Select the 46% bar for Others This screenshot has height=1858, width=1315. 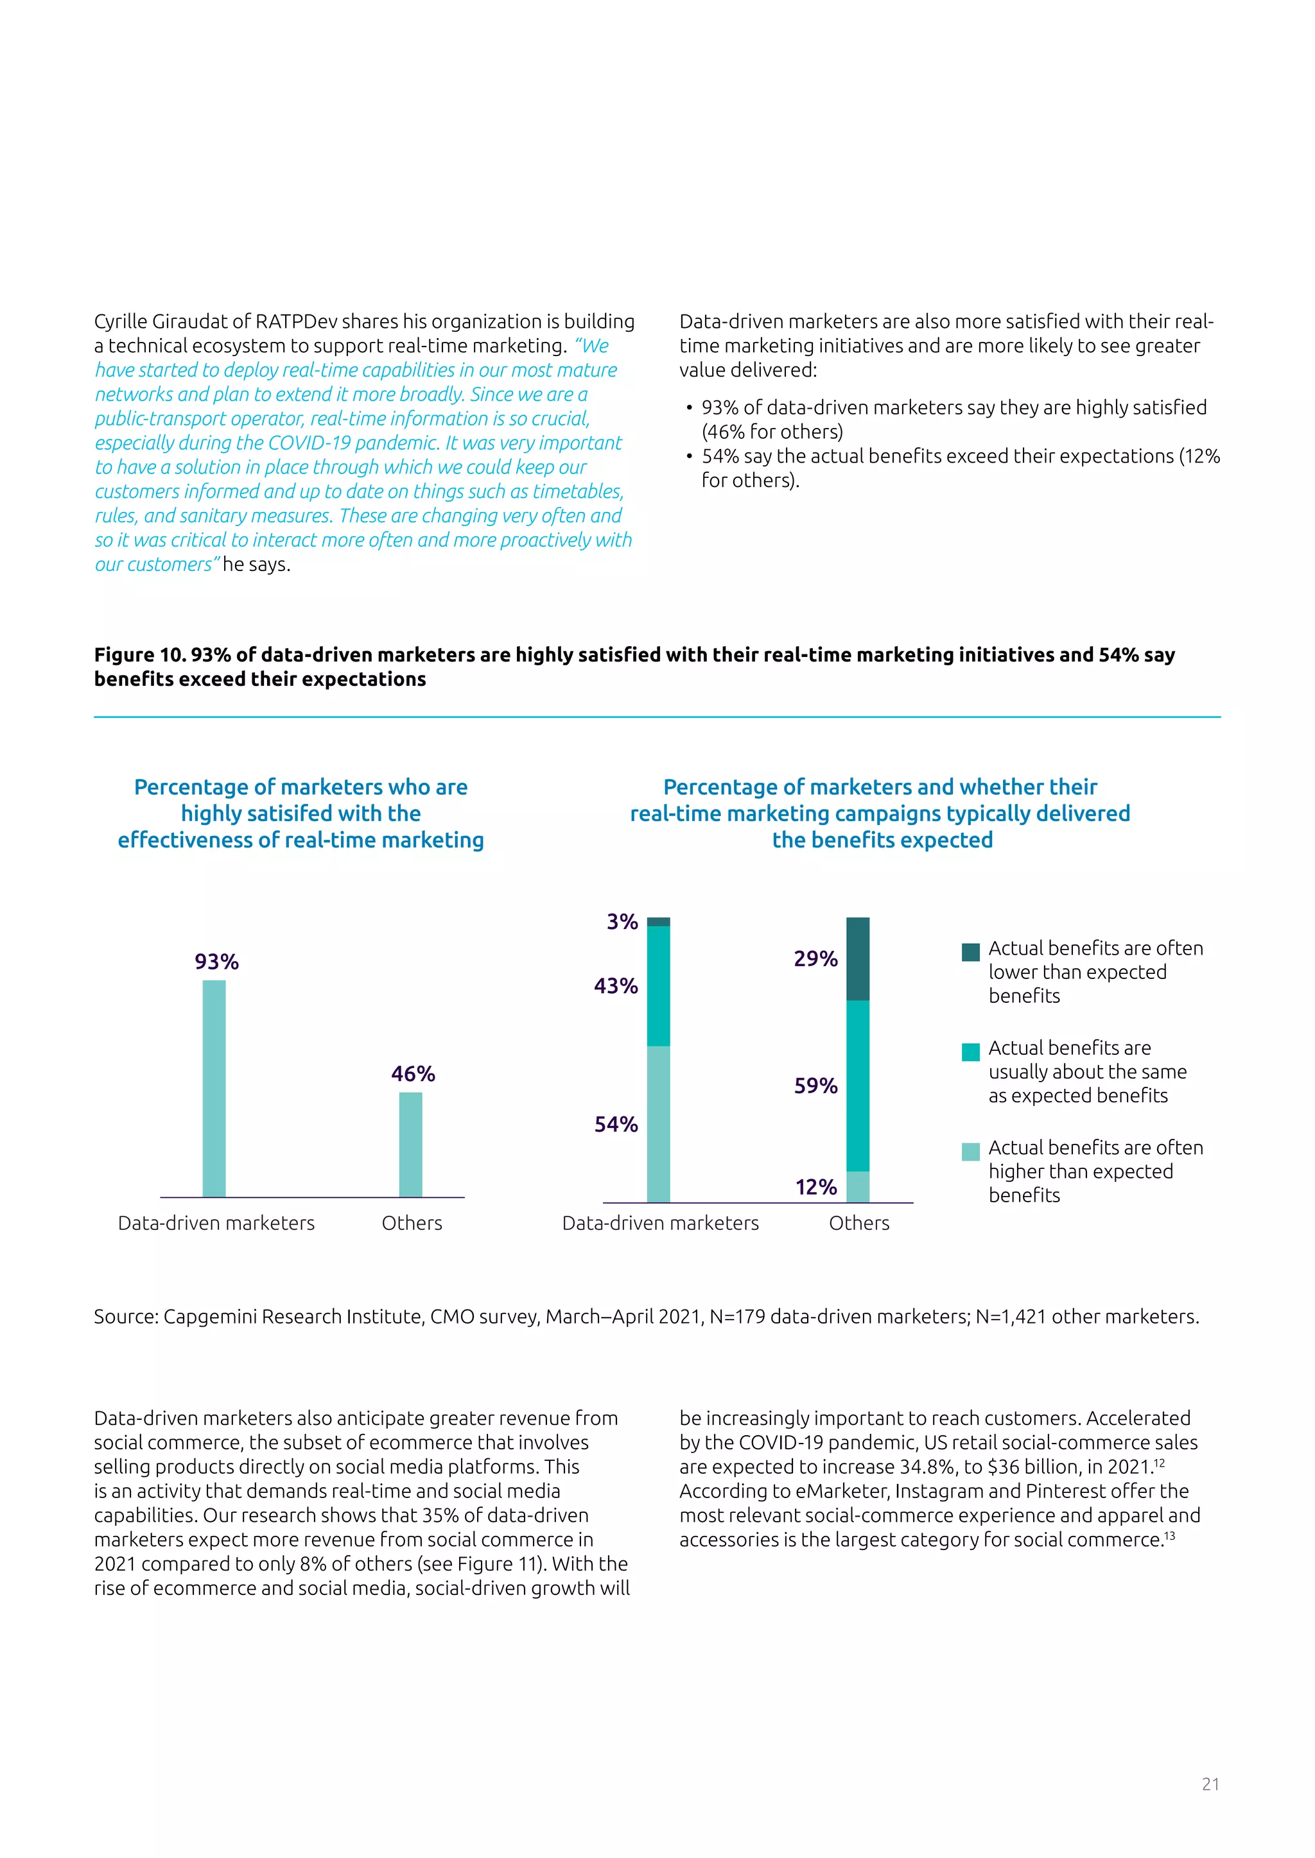click(x=410, y=1145)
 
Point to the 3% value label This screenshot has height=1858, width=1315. click(x=622, y=922)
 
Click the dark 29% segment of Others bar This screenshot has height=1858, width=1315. click(x=857, y=959)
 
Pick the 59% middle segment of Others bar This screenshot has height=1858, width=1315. click(x=857, y=1086)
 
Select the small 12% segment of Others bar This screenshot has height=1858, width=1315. click(x=857, y=1186)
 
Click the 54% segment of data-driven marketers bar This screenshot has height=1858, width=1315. click(x=658, y=1124)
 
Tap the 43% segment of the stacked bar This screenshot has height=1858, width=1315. click(x=658, y=985)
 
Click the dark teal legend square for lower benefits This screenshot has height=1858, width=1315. click(x=970, y=951)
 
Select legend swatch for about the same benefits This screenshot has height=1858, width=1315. click(x=970, y=1052)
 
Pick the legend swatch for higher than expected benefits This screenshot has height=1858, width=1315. click(x=970, y=1152)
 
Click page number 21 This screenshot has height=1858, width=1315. click(x=1210, y=1784)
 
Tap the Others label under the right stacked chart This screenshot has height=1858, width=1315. click(x=858, y=1223)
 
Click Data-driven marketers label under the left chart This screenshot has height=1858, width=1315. click(x=216, y=1223)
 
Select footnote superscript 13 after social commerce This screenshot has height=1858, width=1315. click(x=1169, y=1535)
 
